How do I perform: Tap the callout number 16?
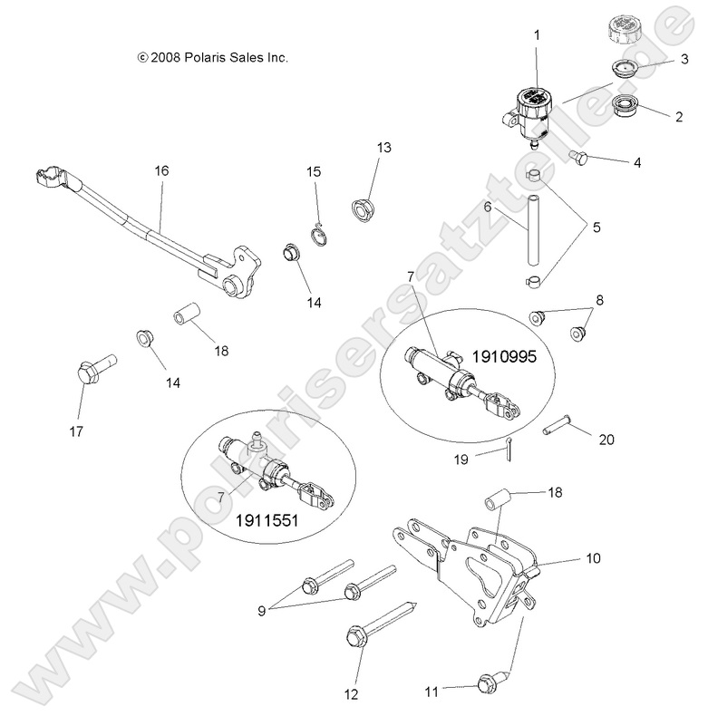point(161,170)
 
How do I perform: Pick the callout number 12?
point(351,694)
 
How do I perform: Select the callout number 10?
point(593,558)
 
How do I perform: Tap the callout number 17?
point(77,431)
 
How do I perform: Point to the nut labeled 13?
point(364,208)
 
